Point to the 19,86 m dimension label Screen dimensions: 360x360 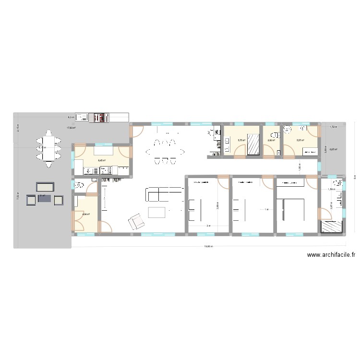click(x=208, y=246)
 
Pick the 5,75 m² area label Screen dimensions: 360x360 click(x=241, y=140)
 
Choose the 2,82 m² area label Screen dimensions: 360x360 click(x=271, y=140)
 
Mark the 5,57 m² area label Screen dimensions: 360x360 click(x=300, y=140)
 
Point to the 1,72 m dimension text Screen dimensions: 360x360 click(x=333, y=127)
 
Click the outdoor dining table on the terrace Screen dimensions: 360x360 click(x=48, y=148)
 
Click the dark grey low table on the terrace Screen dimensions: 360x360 click(x=45, y=198)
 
